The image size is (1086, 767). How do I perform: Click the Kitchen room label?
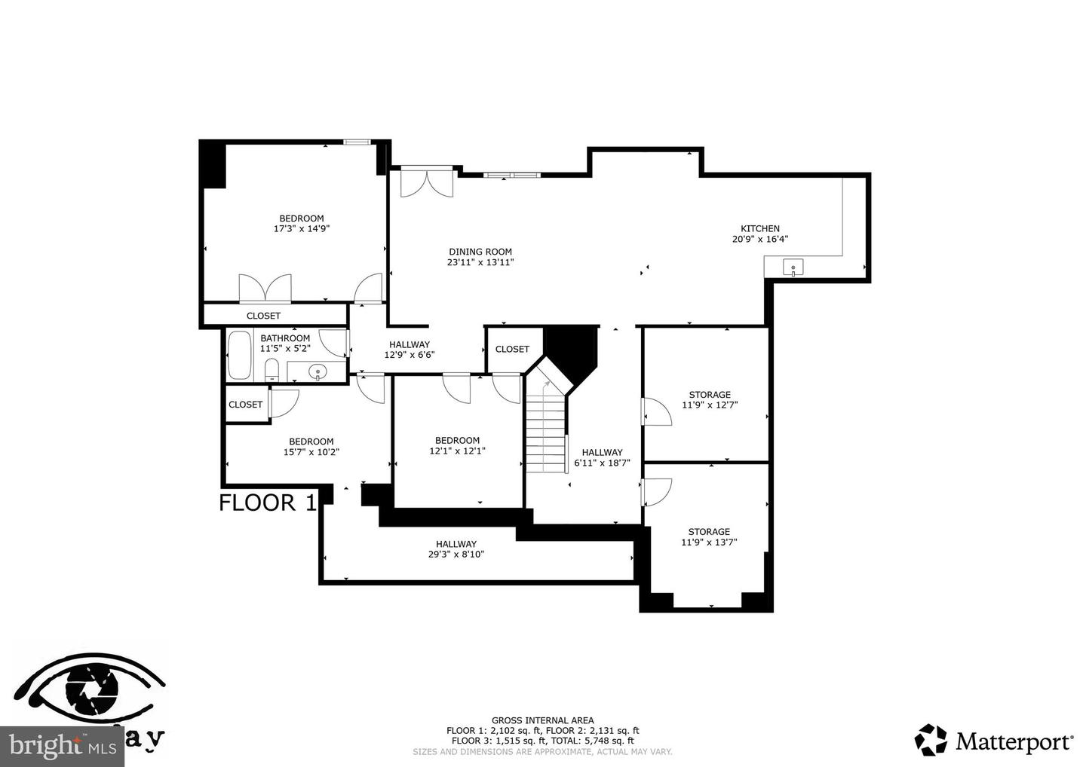click(x=759, y=228)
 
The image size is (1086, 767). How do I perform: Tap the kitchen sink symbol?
click(x=793, y=267)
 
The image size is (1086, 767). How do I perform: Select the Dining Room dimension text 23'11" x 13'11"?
click(x=480, y=263)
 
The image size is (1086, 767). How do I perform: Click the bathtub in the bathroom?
click(x=240, y=355)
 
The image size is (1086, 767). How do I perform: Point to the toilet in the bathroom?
click(x=271, y=370)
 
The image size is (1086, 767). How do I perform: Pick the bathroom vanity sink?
click(x=318, y=371)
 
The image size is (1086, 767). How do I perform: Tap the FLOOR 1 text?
click(x=268, y=503)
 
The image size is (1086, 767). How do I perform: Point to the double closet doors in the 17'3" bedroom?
click(x=265, y=288)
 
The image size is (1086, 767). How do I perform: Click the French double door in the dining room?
click(x=427, y=182)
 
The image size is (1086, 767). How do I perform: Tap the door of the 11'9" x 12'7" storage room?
click(x=655, y=412)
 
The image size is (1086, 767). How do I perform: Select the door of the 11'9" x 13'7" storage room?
click(x=655, y=492)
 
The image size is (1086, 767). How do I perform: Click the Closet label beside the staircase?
click(x=512, y=349)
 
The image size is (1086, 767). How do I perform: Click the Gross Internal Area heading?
click(x=542, y=720)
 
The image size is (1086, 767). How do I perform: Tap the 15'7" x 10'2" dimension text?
click(x=311, y=453)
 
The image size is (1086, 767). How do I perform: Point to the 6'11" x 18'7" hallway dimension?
click(x=602, y=463)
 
